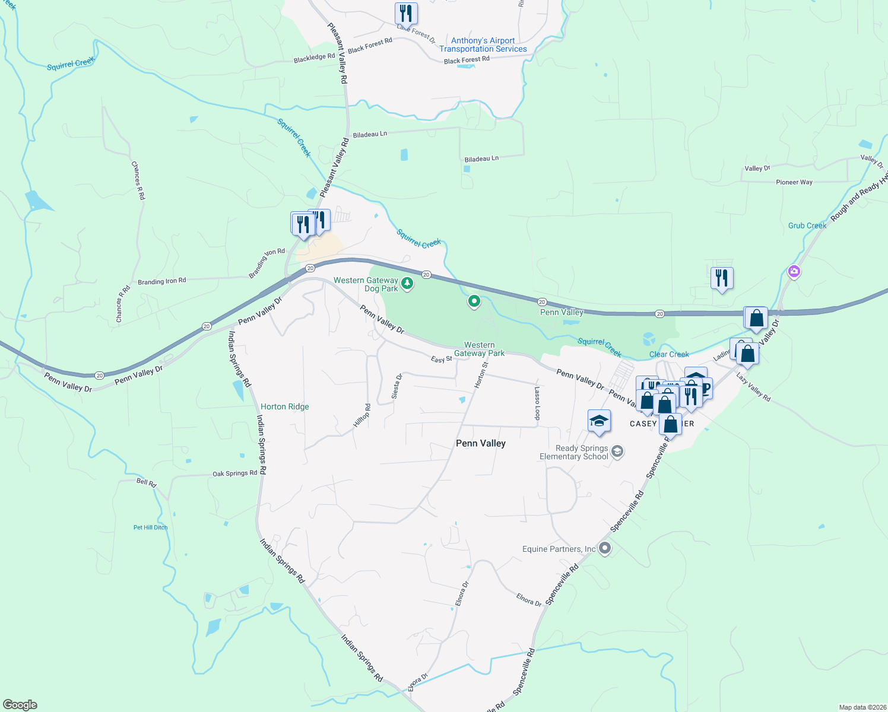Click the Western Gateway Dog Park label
point(366,284)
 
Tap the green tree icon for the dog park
point(407,284)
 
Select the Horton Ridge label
point(285,406)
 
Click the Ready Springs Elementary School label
point(573,452)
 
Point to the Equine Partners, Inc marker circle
point(605,548)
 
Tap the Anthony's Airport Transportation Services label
point(483,45)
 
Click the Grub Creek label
point(807,225)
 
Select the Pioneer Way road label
point(794,182)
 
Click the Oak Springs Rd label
point(234,473)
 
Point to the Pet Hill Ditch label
point(150,527)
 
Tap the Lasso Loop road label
point(537,403)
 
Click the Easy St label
point(441,360)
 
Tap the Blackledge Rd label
point(314,58)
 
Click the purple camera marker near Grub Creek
point(794,272)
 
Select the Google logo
point(20,705)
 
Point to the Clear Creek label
point(669,354)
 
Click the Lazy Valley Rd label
point(753,387)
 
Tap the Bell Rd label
point(146,482)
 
